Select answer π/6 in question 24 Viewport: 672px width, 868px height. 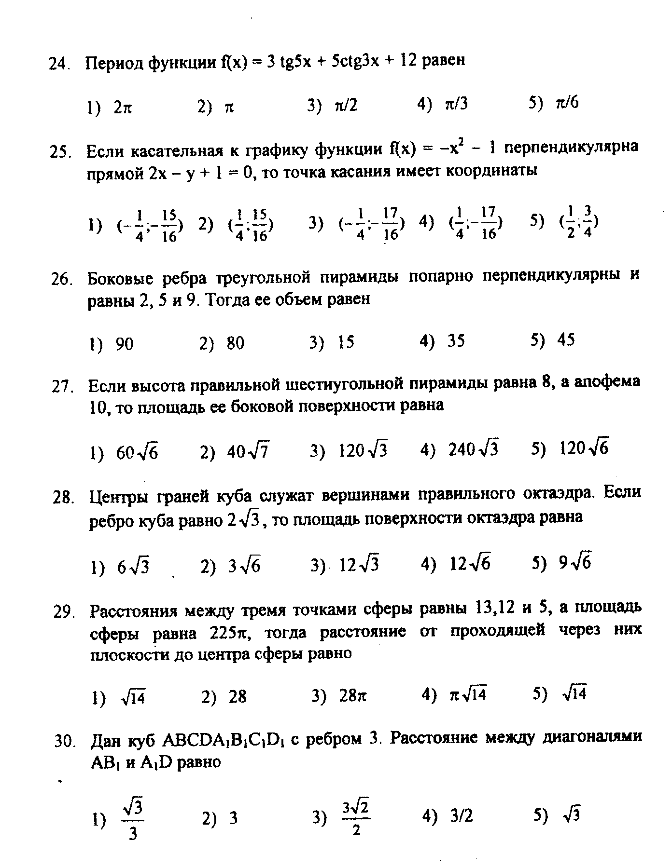[567, 103]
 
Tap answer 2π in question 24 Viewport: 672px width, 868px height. [123, 108]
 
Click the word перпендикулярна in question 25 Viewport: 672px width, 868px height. [571, 147]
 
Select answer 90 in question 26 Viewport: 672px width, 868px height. [125, 344]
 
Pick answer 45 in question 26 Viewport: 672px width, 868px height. [566, 340]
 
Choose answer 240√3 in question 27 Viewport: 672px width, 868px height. [473, 449]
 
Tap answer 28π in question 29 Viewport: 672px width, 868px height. [352, 696]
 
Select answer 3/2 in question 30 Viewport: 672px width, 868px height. [462, 816]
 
